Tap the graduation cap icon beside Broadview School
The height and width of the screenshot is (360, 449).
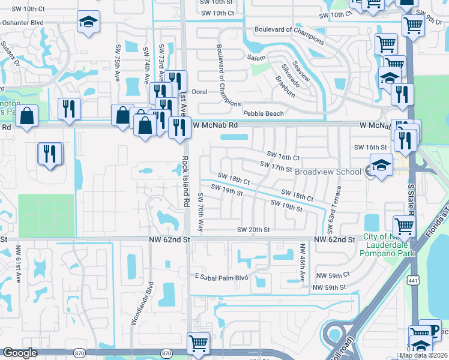click(x=381, y=165)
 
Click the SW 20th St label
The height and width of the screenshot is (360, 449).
click(x=254, y=230)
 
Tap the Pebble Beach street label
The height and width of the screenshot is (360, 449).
click(x=263, y=113)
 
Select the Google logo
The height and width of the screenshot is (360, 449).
click(x=20, y=353)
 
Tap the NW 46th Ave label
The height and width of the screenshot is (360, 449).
click(x=303, y=261)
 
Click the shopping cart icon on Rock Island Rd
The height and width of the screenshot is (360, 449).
click(x=199, y=343)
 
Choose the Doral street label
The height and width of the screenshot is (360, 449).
click(x=199, y=92)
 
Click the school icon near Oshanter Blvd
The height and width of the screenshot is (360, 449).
click(x=88, y=23)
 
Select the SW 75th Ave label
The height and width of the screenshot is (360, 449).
click(x=117, y=62)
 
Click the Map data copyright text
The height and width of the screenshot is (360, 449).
click(x=423, y=355)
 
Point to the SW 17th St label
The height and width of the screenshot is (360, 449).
click(x=275, y=166)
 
